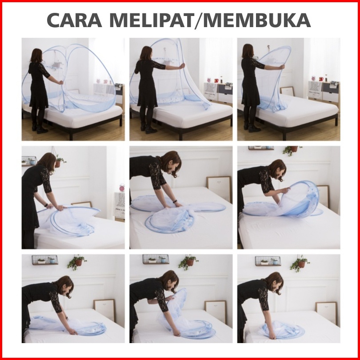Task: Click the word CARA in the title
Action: click(x=74, y=20)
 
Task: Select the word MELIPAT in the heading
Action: click(x=152, y=20)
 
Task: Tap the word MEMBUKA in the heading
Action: click(x=257, y=20)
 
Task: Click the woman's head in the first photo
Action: click(x=36, y=55)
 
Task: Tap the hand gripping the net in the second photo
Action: click(x=182, y=66)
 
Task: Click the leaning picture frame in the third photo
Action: click(x=287, y=92)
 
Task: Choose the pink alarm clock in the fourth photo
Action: click(x=122, y=188)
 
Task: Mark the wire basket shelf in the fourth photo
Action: click(x=29, y=160)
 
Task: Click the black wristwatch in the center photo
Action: click(x=175, y=201)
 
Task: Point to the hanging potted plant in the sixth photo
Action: click(x=292, y=150)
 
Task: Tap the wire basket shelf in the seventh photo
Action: click(x=45, y=260)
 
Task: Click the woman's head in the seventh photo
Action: click(x=65, y=286)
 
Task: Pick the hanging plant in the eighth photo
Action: click(x=188, y=262)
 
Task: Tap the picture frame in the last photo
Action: click(x=327, y=313)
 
